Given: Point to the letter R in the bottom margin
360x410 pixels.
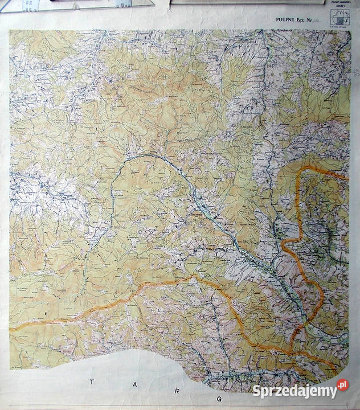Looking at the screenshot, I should (179, 389).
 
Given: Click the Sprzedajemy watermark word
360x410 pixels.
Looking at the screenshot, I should (294, 391).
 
